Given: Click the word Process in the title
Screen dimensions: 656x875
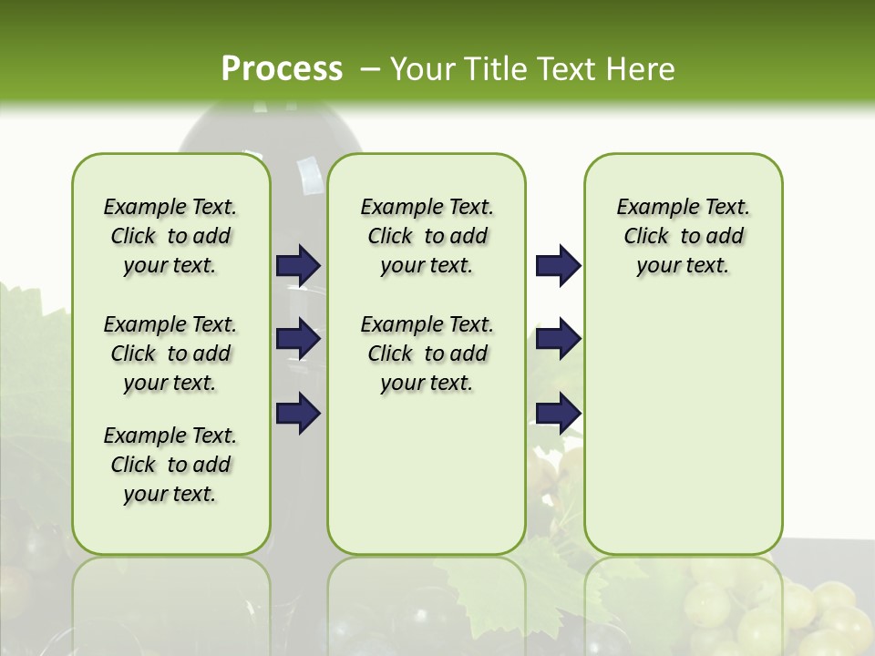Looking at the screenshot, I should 282,68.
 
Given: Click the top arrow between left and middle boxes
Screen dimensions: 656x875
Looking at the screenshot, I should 298,265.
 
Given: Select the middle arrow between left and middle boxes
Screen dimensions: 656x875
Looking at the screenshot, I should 298,339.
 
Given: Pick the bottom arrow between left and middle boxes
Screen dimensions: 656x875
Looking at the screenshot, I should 298,413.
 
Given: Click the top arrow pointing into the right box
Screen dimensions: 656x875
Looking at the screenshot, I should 558,265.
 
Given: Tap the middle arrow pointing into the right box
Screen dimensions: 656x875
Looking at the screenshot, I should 558,339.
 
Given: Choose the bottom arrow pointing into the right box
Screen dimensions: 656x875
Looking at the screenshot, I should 558,413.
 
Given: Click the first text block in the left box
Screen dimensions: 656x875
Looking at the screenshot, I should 170,236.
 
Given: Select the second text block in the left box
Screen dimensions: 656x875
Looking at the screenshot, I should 170,354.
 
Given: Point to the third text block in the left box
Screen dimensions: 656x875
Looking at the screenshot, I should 170,465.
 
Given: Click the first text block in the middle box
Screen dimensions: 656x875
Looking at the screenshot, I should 427,236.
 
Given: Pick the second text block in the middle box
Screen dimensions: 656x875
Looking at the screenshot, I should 427,354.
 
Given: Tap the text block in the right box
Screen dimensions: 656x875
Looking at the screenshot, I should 684,236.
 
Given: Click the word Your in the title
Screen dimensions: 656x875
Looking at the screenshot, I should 424,68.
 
